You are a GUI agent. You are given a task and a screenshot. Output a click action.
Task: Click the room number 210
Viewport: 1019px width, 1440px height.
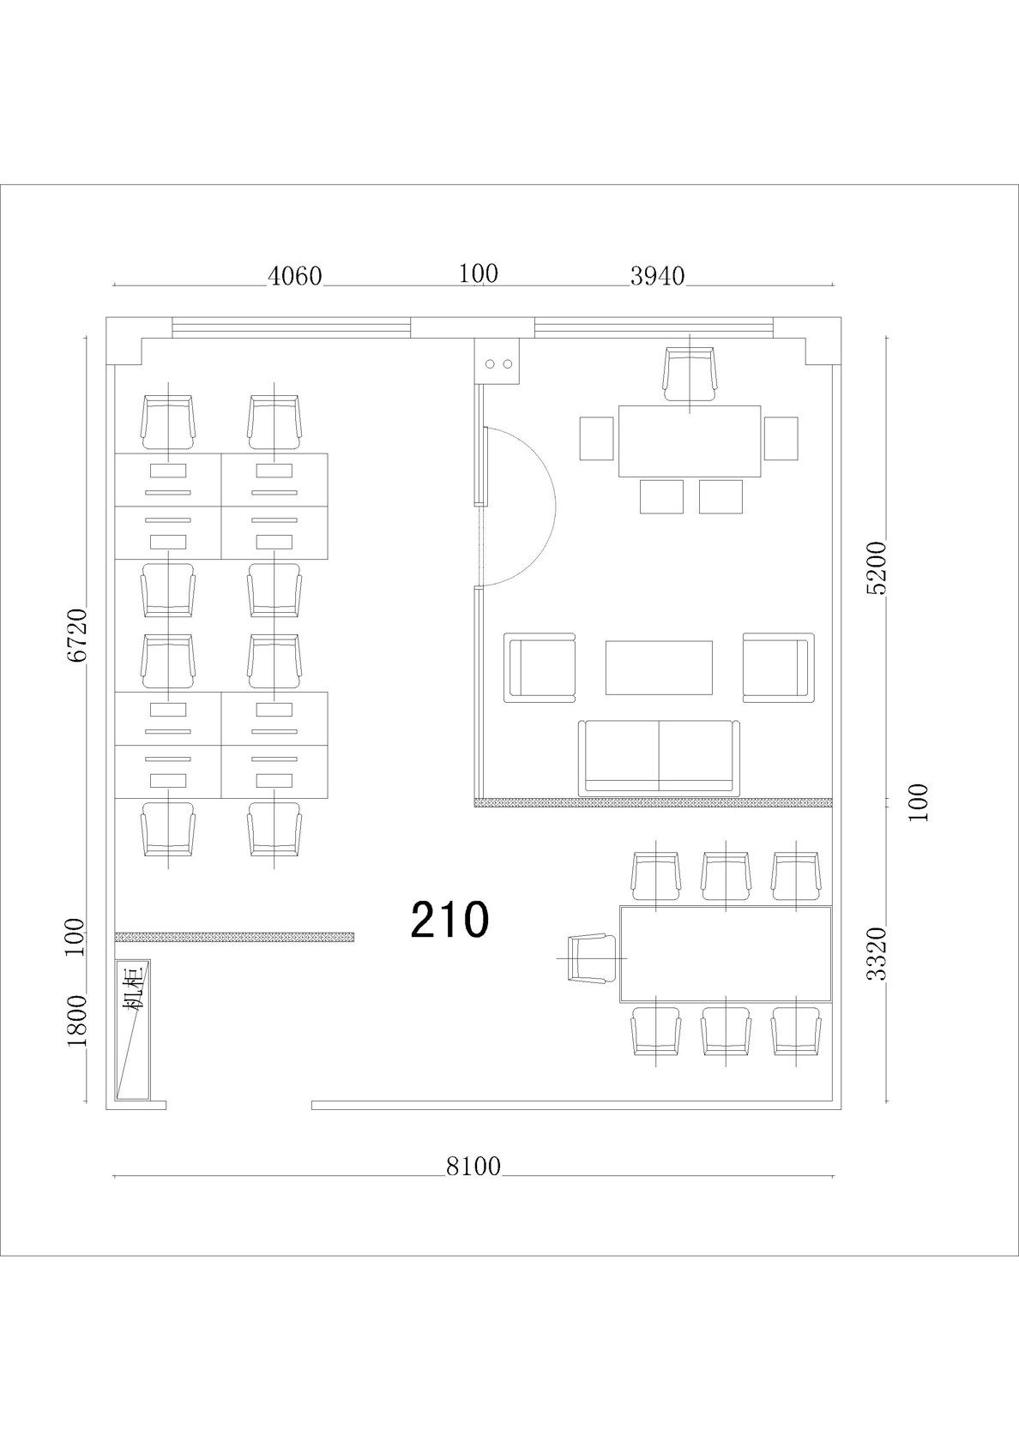(449, 919)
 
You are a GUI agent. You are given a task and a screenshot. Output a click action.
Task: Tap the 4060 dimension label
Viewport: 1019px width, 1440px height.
(295, 276)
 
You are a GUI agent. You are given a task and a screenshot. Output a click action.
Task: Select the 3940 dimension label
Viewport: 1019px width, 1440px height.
(657, 276)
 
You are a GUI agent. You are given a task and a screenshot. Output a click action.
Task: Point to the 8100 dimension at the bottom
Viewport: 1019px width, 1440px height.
(473, 1166)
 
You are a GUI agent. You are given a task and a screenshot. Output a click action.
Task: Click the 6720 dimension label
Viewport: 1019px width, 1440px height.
(76, 634)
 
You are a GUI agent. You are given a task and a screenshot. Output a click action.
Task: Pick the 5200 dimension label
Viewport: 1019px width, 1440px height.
(877, 568)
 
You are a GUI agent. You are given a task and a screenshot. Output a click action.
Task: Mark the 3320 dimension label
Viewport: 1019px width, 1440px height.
(877, 953)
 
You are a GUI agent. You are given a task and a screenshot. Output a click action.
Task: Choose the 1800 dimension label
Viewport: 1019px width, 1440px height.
(76, 1021)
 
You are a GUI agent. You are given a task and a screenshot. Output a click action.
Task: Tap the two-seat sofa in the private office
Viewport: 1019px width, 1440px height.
(659, 758)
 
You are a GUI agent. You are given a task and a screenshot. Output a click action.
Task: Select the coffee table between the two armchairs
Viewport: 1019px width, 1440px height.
(659, 667)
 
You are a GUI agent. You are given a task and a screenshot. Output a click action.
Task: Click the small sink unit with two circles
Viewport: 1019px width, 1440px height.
(497, 362)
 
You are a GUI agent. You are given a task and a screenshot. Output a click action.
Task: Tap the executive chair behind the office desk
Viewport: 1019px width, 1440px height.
(689, 374)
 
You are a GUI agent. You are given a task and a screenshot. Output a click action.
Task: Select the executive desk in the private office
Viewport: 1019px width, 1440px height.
(690, 441)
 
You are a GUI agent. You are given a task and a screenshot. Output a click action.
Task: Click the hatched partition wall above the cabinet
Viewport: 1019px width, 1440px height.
(235, 938)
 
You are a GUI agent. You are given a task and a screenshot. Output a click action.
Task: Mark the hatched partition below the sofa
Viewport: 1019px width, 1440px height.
(653, 802)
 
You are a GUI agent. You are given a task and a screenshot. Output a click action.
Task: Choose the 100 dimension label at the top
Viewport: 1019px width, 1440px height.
(479, 274)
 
